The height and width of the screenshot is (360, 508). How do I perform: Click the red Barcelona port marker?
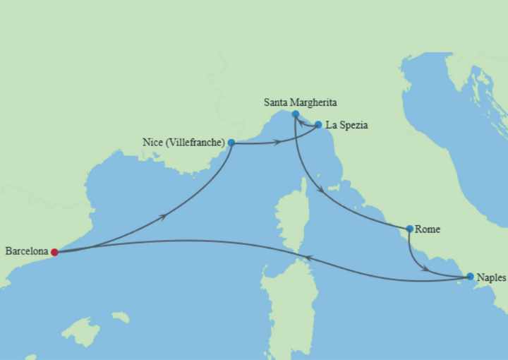point(54,251)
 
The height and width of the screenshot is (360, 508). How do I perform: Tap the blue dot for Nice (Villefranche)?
point(231,143)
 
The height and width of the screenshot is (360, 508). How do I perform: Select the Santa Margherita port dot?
point(295,114)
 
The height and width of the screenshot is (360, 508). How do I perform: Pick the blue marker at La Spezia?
point(318,125)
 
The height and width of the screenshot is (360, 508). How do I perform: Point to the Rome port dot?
point(410,229)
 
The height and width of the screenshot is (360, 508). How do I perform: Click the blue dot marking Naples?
point(470,277)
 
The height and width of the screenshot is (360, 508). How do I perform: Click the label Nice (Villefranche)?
point(183,143)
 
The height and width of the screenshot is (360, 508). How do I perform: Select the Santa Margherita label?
point(301,102)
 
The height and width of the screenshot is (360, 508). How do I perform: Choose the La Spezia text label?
point(347,125)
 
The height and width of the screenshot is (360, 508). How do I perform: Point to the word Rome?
point(428,229)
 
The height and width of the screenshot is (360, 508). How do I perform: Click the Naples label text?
point(491,277)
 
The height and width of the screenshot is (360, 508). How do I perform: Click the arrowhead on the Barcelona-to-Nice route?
point(164,216)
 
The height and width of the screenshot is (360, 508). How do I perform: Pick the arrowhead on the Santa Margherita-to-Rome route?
point(321,190)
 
